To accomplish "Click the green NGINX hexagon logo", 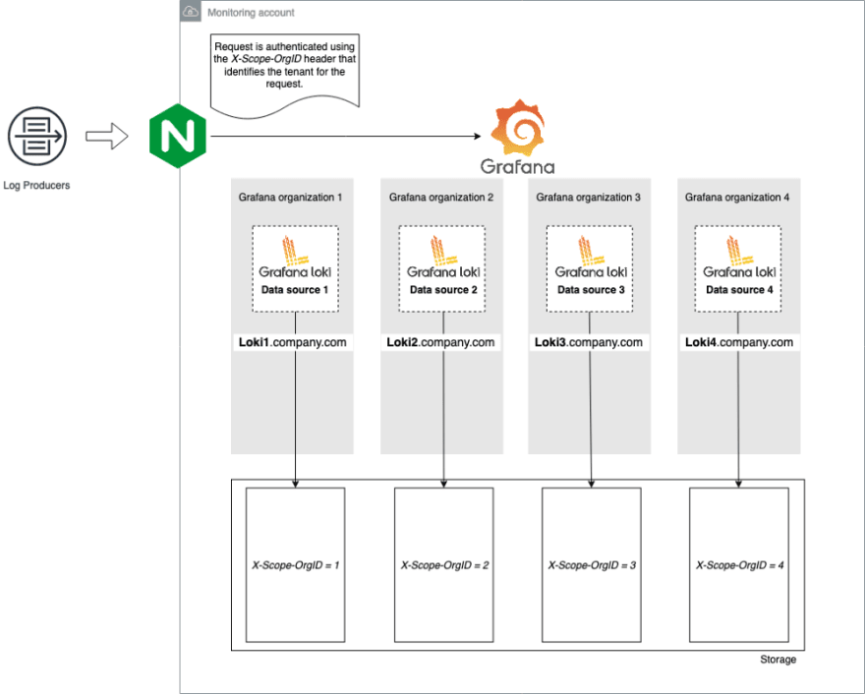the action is pos(178,136).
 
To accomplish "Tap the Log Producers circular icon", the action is pos(37,137).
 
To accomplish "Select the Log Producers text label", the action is pos(36,186).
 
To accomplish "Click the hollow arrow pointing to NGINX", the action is pos(107,136).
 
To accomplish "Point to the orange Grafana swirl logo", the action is pos(517,128).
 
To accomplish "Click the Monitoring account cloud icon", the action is pos(191,12).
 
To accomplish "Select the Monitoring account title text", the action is pos(251,13).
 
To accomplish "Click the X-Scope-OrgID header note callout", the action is pos(285,76).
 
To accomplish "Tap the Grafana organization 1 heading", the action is pos(290,197).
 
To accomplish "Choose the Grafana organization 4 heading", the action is pos(737,197).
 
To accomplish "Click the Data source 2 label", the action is pos(443,290).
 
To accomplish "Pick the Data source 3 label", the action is pos(591,290).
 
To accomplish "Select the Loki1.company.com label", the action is pos(292,342).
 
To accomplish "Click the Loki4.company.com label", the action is pos(739,342).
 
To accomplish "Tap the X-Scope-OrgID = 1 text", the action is pos(296,565).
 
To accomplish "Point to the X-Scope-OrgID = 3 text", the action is pos(592,565).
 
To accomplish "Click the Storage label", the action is pos(778,660).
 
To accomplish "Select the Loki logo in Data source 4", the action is pos(738,258).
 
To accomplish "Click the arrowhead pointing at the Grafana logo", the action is pos(477,136).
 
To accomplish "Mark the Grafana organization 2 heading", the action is pos(441,197).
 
